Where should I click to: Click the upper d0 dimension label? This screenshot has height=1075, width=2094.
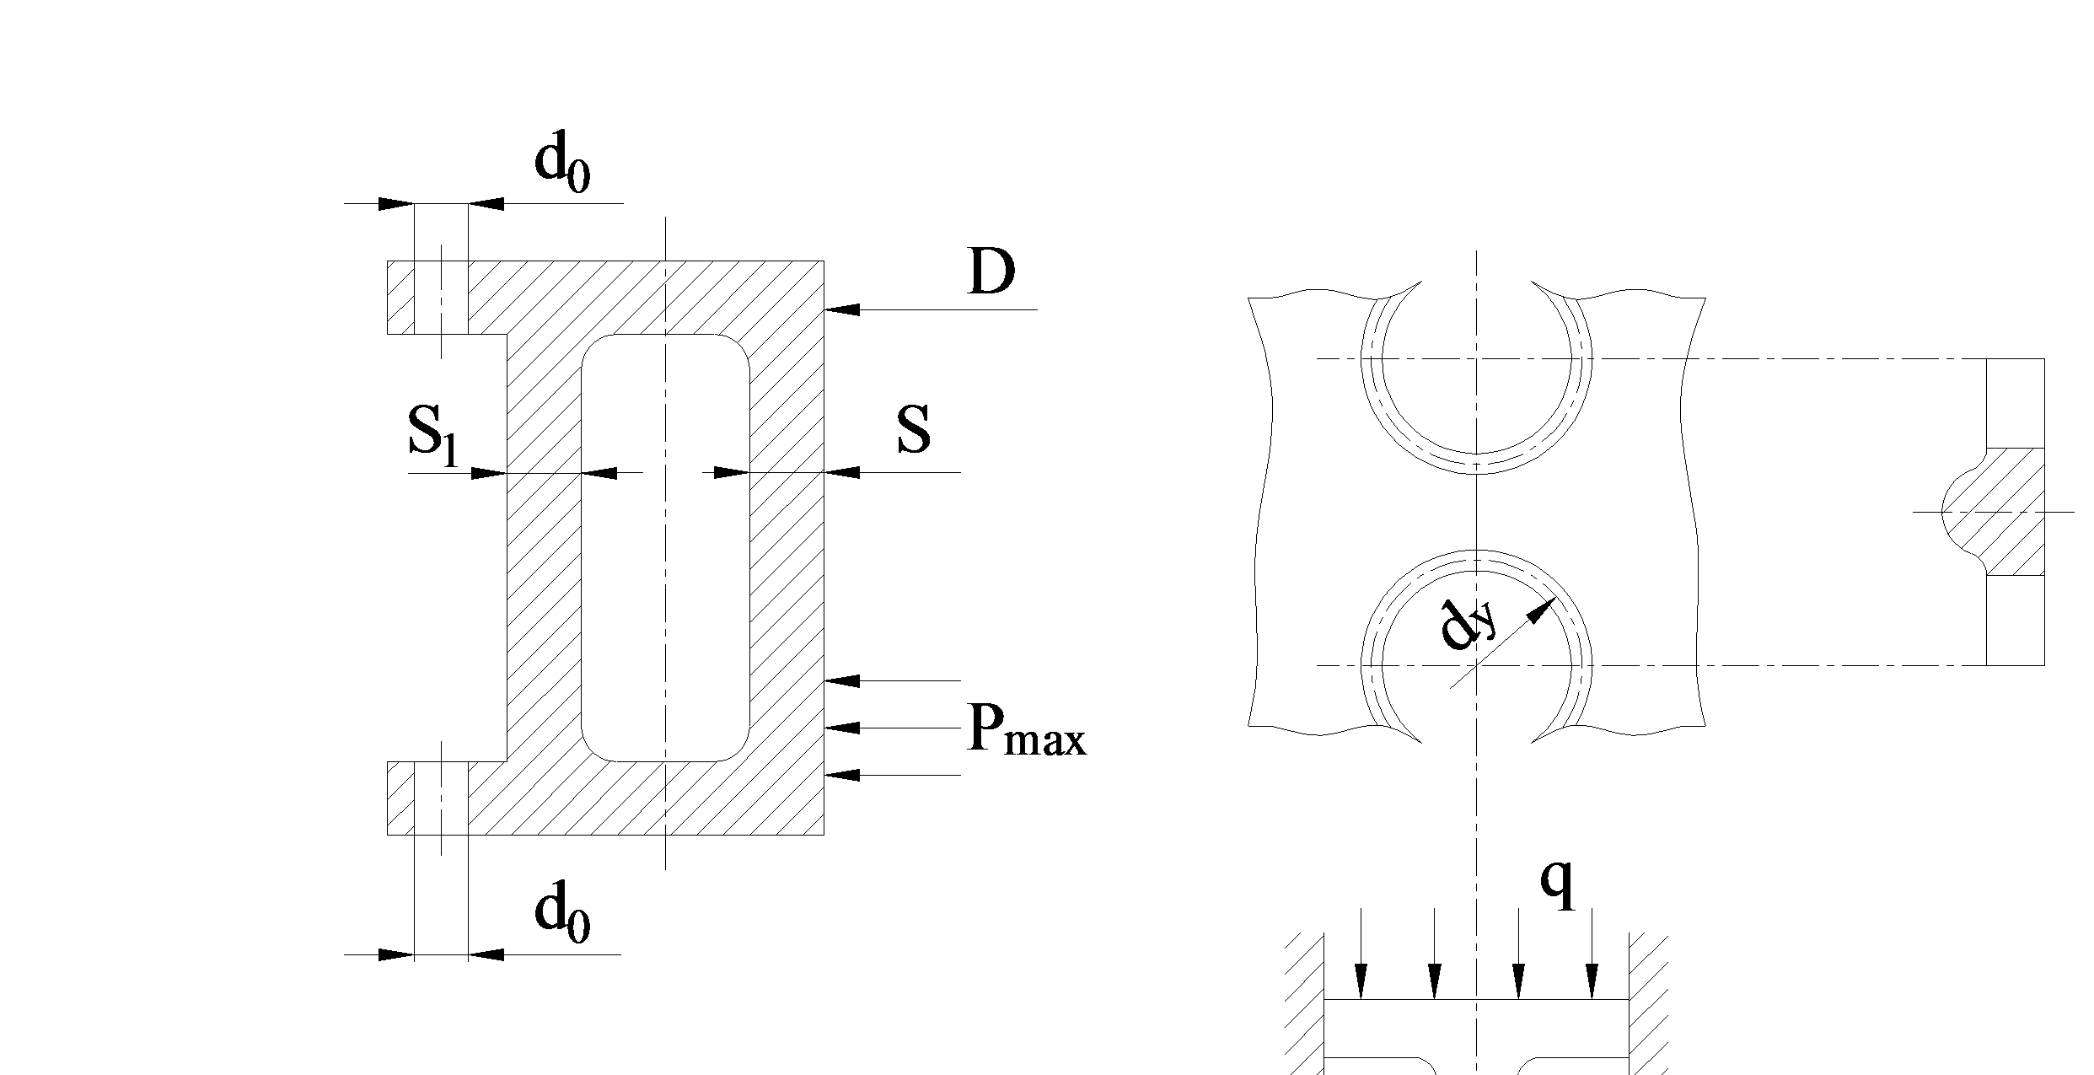click(x=562, y=164)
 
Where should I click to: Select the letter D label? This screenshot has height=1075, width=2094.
click(x=991, y=272)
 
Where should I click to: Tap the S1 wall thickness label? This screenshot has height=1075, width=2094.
click(x=433, y=435)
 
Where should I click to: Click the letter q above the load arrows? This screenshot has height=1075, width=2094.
click(x=1558, y=884)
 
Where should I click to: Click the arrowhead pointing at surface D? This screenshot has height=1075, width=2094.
click(x=842, y=309)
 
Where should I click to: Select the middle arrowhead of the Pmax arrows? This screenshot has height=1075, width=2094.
click(x=842, y=727)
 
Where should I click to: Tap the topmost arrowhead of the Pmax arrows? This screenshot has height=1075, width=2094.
click(x=842, y=680)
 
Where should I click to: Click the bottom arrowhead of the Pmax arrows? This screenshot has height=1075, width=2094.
click(x=842, y=774)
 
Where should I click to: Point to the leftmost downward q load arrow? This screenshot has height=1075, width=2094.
click(x=1360, y=954)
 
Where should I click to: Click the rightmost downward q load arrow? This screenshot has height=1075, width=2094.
click(x=1592, y=954)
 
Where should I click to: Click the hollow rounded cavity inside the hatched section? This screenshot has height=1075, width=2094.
click(x=665, y=548)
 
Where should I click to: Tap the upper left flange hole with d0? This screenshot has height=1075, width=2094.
click(x=441, y=298)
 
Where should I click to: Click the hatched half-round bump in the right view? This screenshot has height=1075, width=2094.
click(x=1994, y=512)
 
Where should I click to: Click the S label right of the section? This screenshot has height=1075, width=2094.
click(x=914, y=430)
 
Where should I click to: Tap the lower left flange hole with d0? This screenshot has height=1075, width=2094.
click(x=441, y=798)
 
